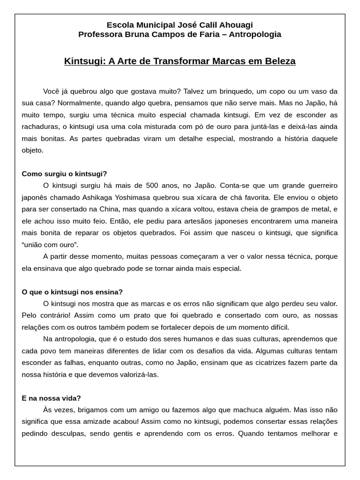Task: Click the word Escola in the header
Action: [119, 25]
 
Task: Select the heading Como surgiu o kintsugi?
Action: [64, 173]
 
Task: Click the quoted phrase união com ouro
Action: [50, 245]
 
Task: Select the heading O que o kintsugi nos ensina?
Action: [72, 292]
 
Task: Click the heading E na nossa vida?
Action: [51, 398]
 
